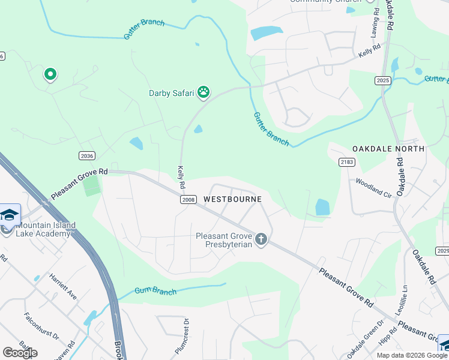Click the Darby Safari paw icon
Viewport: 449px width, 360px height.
pos(204,92)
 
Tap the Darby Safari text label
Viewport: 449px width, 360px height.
pos(172,92)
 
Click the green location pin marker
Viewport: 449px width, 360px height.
pos(50,74)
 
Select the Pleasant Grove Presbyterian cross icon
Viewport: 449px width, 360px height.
pos(261,239)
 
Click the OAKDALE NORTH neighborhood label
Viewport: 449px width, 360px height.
pos(388,148)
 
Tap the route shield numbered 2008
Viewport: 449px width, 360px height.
pos(188,199)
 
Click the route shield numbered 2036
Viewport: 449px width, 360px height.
pos(87,155)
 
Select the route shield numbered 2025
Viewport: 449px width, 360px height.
pos(382,80)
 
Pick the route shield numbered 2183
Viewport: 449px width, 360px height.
pos(346,162)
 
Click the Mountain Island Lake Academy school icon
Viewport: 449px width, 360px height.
pos(10,215)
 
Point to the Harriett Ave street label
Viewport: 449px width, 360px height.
pos(63,287)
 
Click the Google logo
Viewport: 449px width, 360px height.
pos(20,353)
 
